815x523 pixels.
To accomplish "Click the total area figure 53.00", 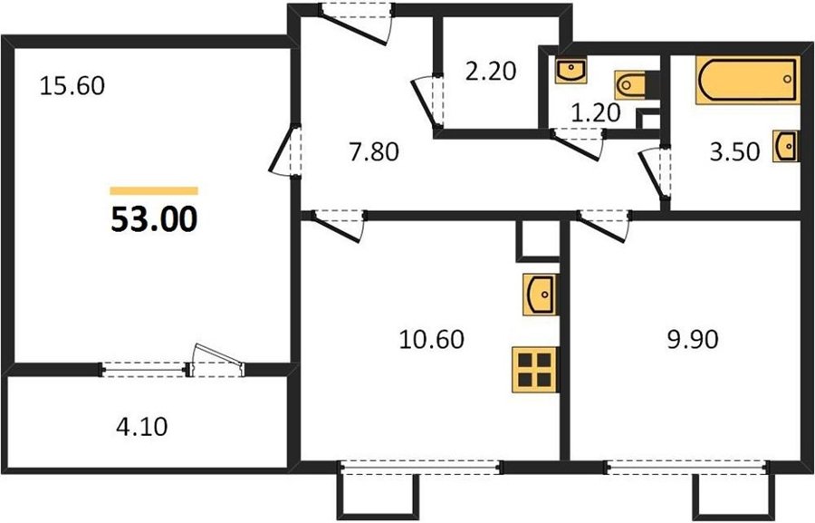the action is tap(154, 218).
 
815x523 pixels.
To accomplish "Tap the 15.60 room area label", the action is tap(72, 86).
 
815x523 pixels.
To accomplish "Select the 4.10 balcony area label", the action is tap(141, 427).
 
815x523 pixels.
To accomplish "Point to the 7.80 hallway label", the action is tap(374, 152).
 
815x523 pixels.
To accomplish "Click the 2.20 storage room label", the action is tap(491, 72).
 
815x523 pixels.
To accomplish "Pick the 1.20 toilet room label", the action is tap(595, 113).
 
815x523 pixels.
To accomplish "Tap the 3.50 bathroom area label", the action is tap(735, 152).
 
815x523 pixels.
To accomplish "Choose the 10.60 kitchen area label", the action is tap(431, 339).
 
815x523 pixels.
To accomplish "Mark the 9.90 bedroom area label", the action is tap(693, 339).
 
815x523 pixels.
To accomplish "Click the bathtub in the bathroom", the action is tap(747, 80).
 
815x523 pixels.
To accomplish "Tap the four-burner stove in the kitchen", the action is tap(535, 370).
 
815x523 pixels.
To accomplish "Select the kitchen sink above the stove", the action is tap(540, 294).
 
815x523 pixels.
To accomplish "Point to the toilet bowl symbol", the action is tap(630, 85).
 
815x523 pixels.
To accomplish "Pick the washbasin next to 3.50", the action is tap(786, 146).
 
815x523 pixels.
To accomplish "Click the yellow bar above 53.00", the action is tap(154, 190).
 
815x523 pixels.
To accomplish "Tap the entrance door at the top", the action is tap(355, 24).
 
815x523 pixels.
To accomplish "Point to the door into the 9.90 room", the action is tap(604, 226).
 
